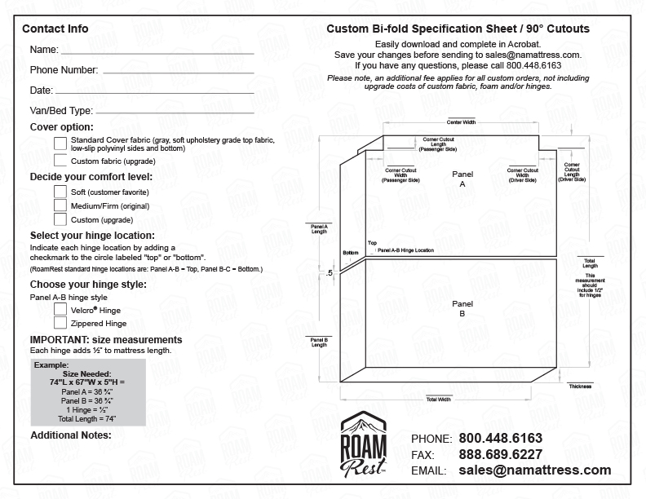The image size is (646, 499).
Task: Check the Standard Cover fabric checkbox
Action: (60, 144)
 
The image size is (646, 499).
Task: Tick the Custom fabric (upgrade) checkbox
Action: (60, 161)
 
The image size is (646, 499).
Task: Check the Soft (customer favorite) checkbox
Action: (60, 192)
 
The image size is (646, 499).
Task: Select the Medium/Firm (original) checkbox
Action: (60, 205)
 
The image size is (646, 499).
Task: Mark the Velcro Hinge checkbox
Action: (60, 310)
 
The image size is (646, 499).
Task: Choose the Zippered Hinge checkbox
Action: (60, 324)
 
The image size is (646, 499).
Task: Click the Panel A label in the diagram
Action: (462, 179)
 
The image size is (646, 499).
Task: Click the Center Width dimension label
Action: (461, 121)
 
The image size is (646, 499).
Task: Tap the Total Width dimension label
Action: (438, 400)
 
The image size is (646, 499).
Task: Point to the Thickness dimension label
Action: (581, 386)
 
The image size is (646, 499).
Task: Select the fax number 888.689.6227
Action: (500, 454)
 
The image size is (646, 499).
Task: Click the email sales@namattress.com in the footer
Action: (534, 470)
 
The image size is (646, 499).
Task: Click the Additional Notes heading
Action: (70, 435)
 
